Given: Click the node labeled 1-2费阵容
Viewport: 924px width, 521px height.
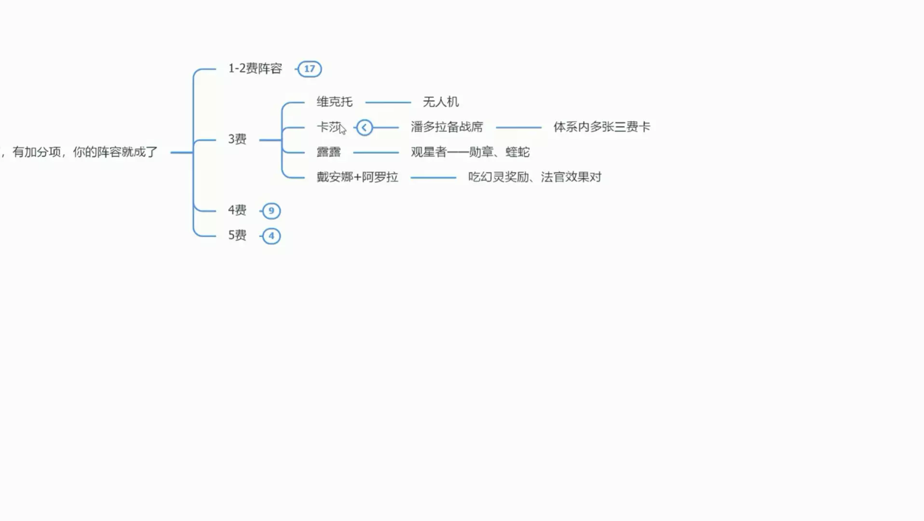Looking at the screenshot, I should point(255,69).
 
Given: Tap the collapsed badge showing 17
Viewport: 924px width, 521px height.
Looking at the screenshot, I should point(310,69).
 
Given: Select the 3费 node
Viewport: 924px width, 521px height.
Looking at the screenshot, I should point(237,139).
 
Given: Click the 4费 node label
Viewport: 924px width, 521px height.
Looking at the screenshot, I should point(237,210).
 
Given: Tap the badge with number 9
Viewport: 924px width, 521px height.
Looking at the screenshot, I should point(271,211).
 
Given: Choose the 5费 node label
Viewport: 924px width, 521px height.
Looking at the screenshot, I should point(237,235).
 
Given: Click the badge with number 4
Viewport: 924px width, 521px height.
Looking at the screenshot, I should point(271,236).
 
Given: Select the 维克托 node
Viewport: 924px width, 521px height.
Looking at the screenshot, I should point(334,102).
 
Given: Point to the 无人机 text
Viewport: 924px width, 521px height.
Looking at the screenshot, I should point(440,102).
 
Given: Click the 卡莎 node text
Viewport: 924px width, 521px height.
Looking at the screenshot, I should point(328,127).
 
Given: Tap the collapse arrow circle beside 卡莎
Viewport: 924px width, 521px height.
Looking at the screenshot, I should point(365,127).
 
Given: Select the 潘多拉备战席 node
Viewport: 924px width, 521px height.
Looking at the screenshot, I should point(447,127).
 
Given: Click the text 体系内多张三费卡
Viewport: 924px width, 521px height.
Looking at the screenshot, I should point(601,127).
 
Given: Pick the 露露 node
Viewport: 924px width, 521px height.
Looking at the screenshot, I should point(328,152).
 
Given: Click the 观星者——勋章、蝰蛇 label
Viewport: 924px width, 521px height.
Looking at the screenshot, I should point(470,152).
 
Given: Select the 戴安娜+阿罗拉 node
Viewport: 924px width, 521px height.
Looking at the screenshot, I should point(357,177).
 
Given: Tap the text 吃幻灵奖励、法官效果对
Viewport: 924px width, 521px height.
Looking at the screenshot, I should point(534,177).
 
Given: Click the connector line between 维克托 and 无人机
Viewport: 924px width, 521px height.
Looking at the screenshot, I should point(388,102).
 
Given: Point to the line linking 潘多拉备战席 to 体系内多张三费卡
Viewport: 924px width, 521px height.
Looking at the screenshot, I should point(518,127).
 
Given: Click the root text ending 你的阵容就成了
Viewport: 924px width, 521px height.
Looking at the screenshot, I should point(84,152).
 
